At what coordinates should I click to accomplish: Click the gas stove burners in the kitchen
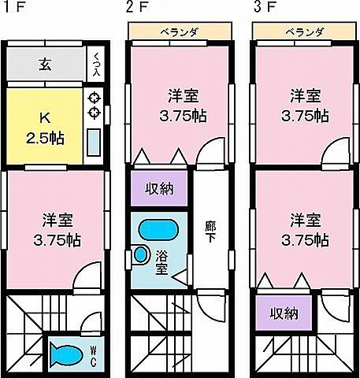pyautogui.click(x=93, y=106)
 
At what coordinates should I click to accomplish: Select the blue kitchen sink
pyautogui.click(x=93, y=144)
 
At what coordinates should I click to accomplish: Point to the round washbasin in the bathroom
pyautogui.click(x=142, y=255)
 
